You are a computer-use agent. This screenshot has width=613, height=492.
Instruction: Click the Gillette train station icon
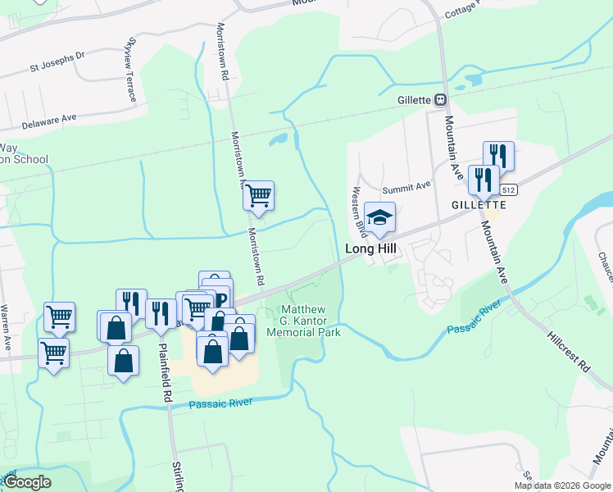coord(440,99)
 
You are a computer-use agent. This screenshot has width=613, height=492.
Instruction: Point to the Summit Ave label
coord(412,185)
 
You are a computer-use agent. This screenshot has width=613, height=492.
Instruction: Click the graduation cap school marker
coord(380,217)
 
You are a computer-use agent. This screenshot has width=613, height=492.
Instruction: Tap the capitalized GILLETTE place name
coord(479,204)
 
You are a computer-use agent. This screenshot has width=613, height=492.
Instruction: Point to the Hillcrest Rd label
coord(569,353)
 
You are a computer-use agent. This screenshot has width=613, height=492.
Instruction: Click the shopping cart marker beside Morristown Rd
coord(258,196)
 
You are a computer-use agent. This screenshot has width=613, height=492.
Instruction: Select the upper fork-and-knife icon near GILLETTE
coord(498,155)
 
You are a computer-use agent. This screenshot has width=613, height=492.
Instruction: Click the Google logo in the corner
coord(26,482)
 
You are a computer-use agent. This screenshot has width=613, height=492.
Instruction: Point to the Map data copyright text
coord(563,485)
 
